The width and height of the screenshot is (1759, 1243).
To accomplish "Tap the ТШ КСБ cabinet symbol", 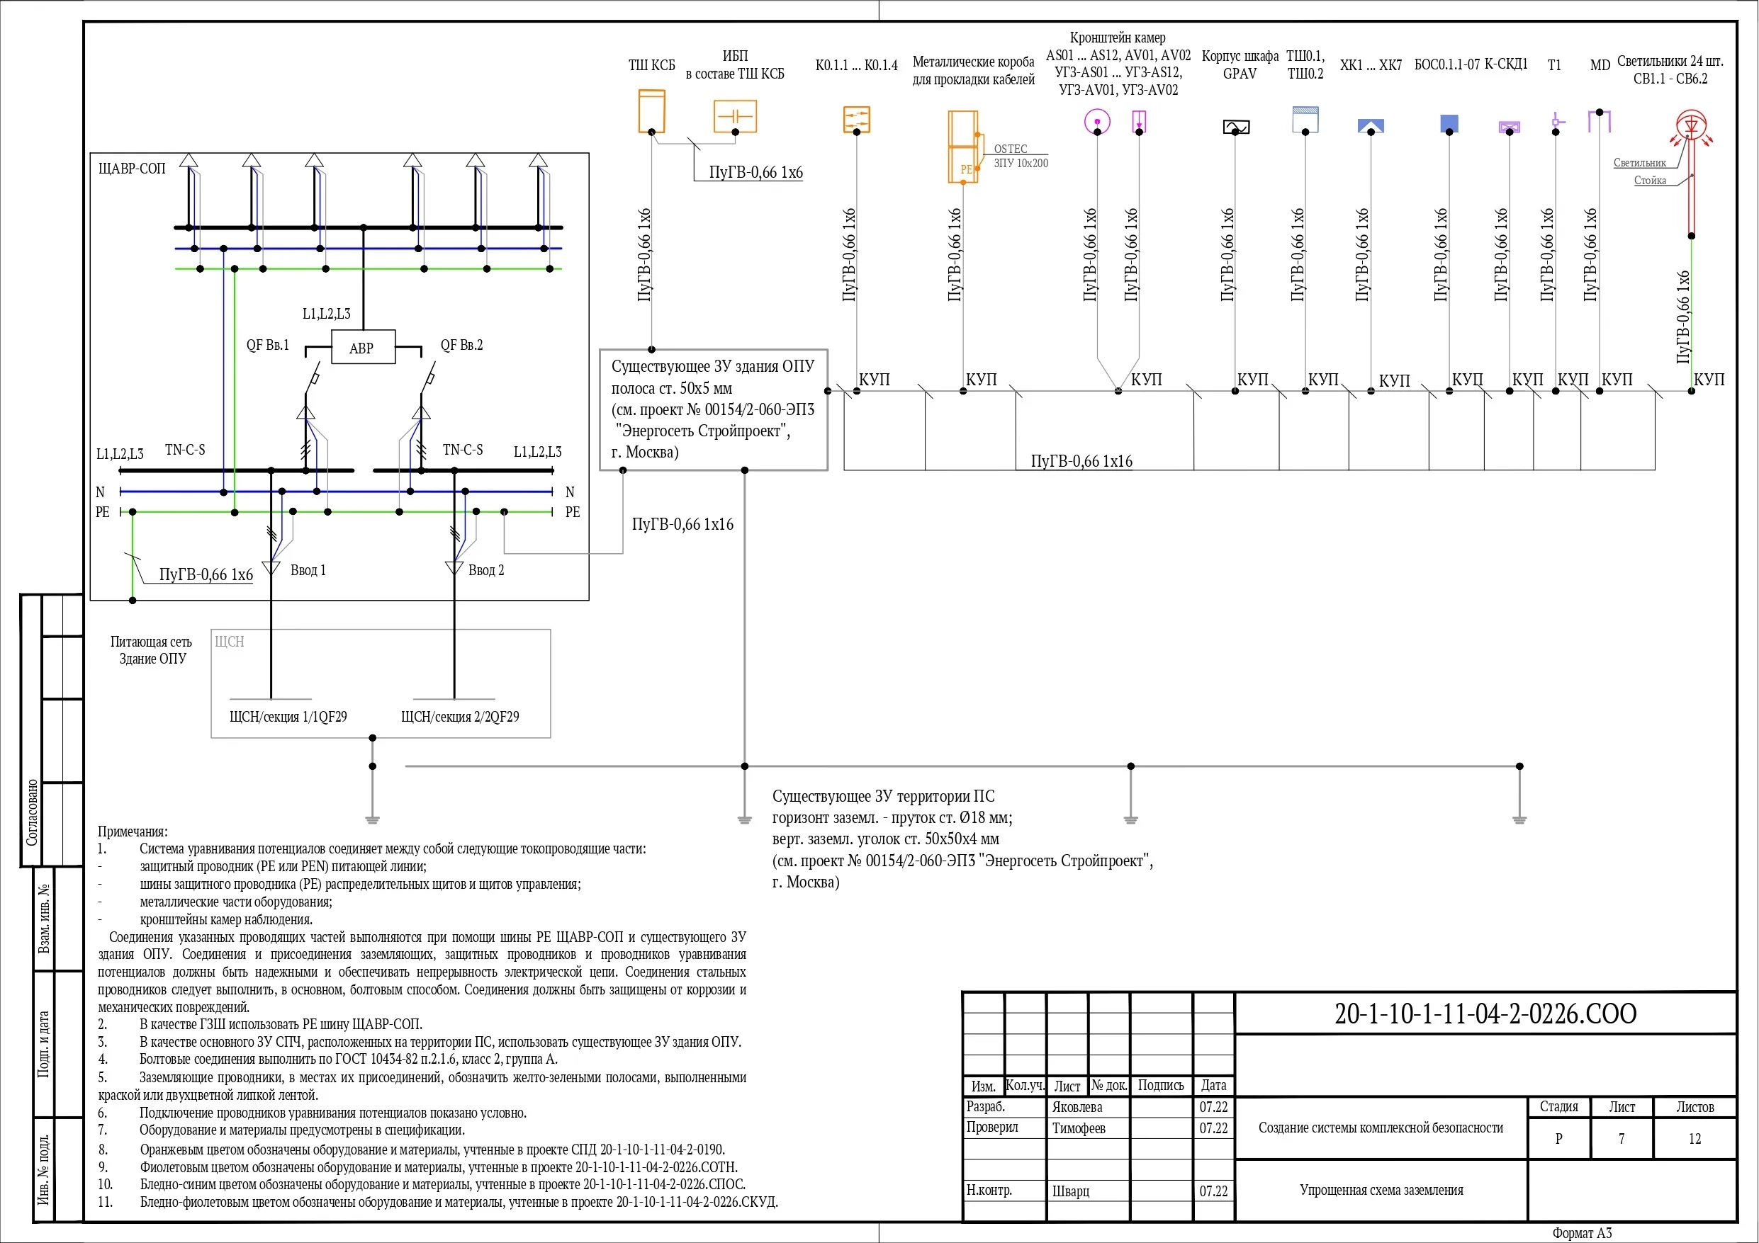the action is tap(652, 111).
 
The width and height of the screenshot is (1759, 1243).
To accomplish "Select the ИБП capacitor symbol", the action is tap(736, 116).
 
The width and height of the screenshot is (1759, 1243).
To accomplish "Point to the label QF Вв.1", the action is tap(268, 346).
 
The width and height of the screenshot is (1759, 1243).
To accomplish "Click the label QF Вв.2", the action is tap(462, 346).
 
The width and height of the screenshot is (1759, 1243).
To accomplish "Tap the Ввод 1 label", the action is tap(308, 571).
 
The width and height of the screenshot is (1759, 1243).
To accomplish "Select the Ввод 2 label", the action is tap(486, 571).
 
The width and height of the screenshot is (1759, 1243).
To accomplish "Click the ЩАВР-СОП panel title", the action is tap(132, 169).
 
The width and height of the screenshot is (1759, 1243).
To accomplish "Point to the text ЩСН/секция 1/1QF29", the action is tap(288, 717).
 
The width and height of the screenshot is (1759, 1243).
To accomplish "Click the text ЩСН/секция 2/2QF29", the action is tap(460, 717).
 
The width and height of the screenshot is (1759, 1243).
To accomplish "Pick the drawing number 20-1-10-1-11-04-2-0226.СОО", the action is tap(1485, 1014).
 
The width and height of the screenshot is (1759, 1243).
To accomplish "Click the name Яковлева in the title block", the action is tap(1077, 1108).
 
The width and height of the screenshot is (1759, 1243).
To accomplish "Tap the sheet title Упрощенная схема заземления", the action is tap(1381, 1190).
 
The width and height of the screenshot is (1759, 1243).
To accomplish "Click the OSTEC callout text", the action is tap(1011, 149).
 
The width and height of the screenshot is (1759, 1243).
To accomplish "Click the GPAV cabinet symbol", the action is tap(1236, 126).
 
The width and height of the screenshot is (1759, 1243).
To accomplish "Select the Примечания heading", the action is tap(133, 831).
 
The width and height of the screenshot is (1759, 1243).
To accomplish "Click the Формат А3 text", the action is tap(1582, 1233).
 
